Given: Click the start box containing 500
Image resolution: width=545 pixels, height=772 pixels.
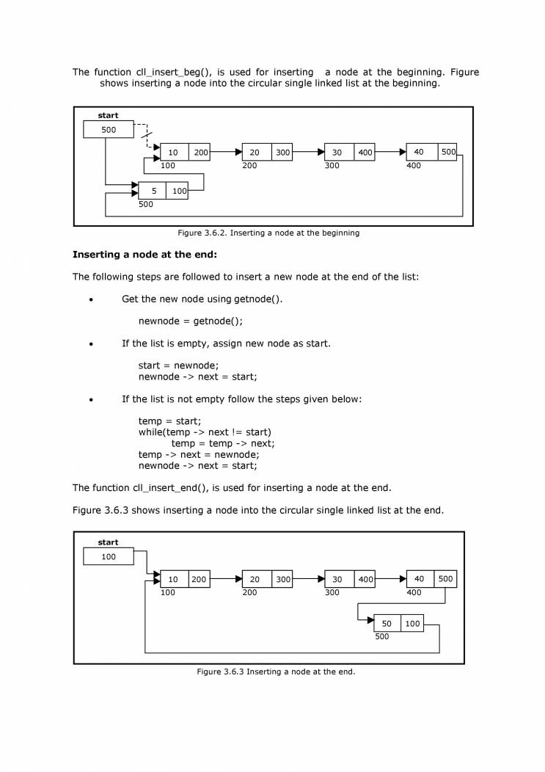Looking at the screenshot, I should tap(109, 129).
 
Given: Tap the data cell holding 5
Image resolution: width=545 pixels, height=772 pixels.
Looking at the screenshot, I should tap(153, 191).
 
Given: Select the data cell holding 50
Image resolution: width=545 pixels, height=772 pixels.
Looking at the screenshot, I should tap(387, 624).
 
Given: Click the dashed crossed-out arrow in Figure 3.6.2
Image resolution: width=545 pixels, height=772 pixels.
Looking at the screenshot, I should tap(147, 136).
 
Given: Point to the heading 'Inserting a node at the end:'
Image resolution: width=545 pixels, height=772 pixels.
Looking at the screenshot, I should tap(145, 255).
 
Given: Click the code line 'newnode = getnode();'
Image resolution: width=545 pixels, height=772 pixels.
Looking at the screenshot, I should tap(190, 321).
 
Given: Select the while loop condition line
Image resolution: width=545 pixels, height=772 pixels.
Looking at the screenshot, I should tap(205, 432).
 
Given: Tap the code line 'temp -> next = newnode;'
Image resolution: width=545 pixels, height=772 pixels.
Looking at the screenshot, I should tap(199, 454).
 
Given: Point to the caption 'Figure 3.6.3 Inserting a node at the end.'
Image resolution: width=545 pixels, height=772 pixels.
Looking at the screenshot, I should tap(275, 671).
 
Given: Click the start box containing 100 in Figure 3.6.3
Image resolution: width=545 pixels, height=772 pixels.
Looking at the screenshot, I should tap(109, 557).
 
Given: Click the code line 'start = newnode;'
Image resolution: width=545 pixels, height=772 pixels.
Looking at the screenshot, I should tap(178, 365).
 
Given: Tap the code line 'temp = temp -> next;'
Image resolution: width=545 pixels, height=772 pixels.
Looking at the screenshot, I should tap(223, 443).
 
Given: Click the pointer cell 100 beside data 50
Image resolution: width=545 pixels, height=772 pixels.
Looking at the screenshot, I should tap(413, 624).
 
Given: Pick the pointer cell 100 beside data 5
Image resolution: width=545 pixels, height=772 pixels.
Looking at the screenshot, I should tap(178, 191).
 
